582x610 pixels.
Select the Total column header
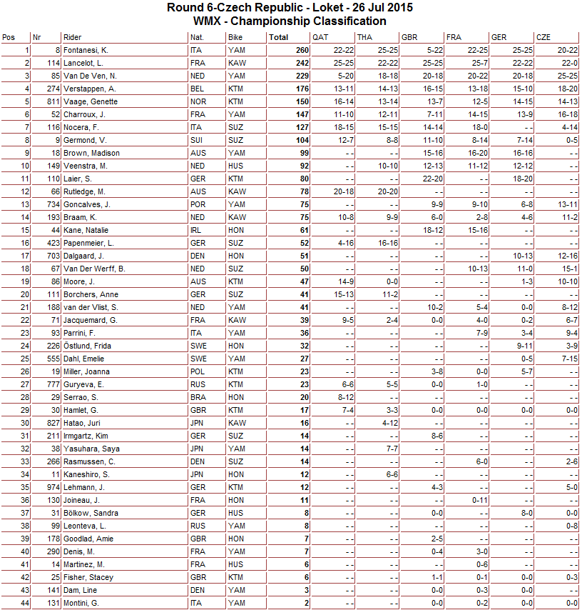[279, 37]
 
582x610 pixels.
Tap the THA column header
[364, 37]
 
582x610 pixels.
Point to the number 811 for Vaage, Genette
[48, 102]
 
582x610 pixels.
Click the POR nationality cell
[198, 205]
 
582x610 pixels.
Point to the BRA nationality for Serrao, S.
[198, 398]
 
